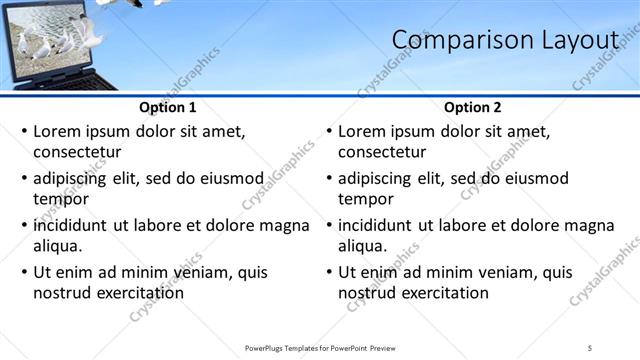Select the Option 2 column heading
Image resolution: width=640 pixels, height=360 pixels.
coord(473,108)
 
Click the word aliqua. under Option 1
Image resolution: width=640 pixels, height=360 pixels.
coord(57,246)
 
